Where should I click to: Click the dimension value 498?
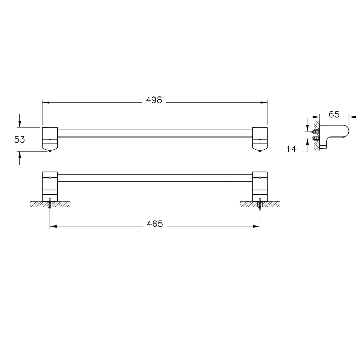coord(154,100)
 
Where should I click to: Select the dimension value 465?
coord(155,224)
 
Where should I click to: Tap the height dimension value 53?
coord(20,139)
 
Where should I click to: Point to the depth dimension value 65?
coord(334,114)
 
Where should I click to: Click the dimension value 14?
coord(291,148)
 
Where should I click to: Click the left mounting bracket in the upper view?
coord(50,139)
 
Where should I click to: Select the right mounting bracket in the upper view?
coord(260,139)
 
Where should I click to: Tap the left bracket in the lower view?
coord(50,186)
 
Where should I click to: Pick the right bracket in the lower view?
coord(260,186)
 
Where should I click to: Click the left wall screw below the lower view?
coord(50,205)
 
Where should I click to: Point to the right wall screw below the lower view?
coord(260,205)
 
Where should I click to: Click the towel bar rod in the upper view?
coord(155,133)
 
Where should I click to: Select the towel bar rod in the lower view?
coord(155,177)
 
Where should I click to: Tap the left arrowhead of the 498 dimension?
coord(45,103)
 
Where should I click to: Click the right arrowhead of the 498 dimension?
coord(265,103)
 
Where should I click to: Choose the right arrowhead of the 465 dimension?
coord(257,226)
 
